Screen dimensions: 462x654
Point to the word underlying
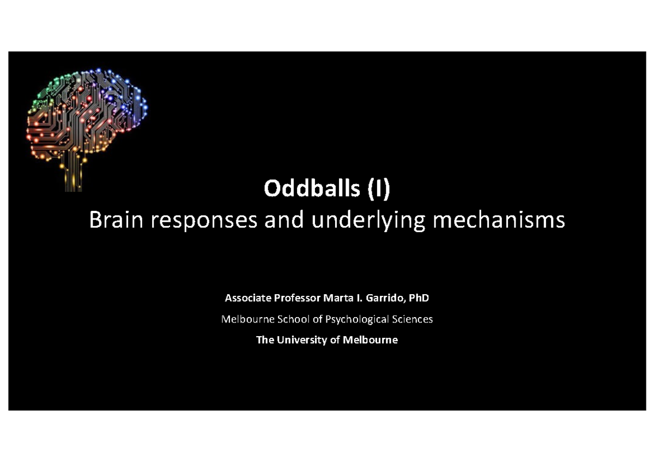click(x=364, y=221)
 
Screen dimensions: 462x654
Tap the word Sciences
click(x=413, y=319)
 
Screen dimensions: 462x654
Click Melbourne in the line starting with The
click(x=371, y=340)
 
